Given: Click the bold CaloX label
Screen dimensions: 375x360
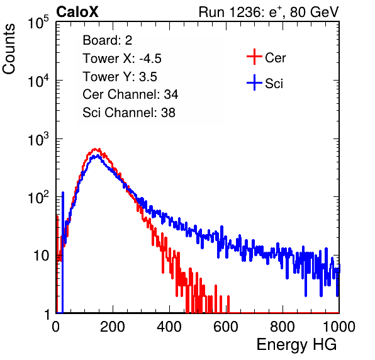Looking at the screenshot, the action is tap(77, 12).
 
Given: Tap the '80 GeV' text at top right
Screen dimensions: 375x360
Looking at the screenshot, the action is tap(314, 12).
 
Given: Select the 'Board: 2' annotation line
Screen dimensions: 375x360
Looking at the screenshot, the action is tap(108, 40).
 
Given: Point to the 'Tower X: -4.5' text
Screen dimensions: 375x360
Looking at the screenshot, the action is tap(122, 59).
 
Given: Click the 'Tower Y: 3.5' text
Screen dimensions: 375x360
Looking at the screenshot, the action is tap(120, 77).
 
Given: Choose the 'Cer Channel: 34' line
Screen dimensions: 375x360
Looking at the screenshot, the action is tap(130, 94).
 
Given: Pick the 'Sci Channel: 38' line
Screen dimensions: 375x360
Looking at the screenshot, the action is tap(129, 113).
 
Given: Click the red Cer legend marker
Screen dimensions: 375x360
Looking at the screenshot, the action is tap(254, 57).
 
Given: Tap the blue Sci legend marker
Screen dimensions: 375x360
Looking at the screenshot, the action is tap(254, 83).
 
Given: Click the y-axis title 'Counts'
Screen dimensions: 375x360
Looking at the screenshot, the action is tap(9, 49).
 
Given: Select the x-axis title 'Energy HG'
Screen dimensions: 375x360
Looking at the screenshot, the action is tap(296, 345).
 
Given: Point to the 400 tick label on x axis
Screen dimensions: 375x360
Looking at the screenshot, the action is tap(169, 327).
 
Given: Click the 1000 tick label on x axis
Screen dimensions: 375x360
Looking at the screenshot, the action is tap(339, 327).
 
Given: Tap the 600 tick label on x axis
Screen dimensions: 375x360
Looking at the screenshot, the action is tap(226, 327).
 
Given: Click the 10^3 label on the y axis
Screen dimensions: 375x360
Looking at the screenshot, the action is tap(38, 139).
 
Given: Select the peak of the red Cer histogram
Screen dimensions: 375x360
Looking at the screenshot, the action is tap(95, 149).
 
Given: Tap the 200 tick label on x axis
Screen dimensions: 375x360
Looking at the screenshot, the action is tap(113, 327).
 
